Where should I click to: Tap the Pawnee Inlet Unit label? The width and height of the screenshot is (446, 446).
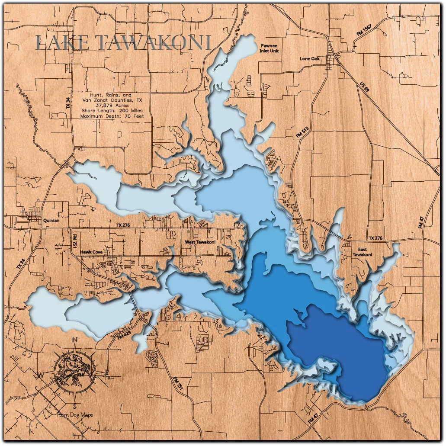[269, 48]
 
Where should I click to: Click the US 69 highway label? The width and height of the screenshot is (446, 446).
[365, 87]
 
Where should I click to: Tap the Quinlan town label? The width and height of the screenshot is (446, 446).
[51, 220]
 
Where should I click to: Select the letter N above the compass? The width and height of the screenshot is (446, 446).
[75, 340]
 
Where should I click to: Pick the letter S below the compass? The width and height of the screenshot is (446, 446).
[75, 406]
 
